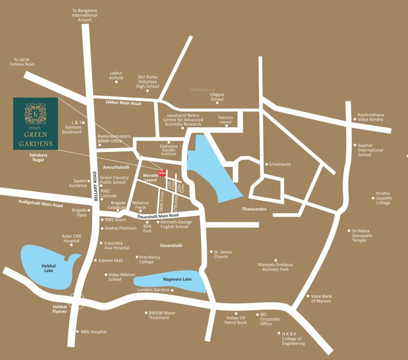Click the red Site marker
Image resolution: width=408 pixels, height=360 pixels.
[162, 172]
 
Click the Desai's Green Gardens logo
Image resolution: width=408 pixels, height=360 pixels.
[35, 123]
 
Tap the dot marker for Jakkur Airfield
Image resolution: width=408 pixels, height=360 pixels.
[116, 82]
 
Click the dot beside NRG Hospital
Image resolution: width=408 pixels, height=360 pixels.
[78, 332]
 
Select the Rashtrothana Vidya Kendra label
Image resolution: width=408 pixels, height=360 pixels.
[371, 117]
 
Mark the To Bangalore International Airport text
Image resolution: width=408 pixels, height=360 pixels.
[85, 15]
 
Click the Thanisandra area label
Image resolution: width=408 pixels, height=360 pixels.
[254, 209]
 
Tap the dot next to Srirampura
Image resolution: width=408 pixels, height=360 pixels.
[266, 165]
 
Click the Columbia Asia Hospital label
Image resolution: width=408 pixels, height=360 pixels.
[117, 245]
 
